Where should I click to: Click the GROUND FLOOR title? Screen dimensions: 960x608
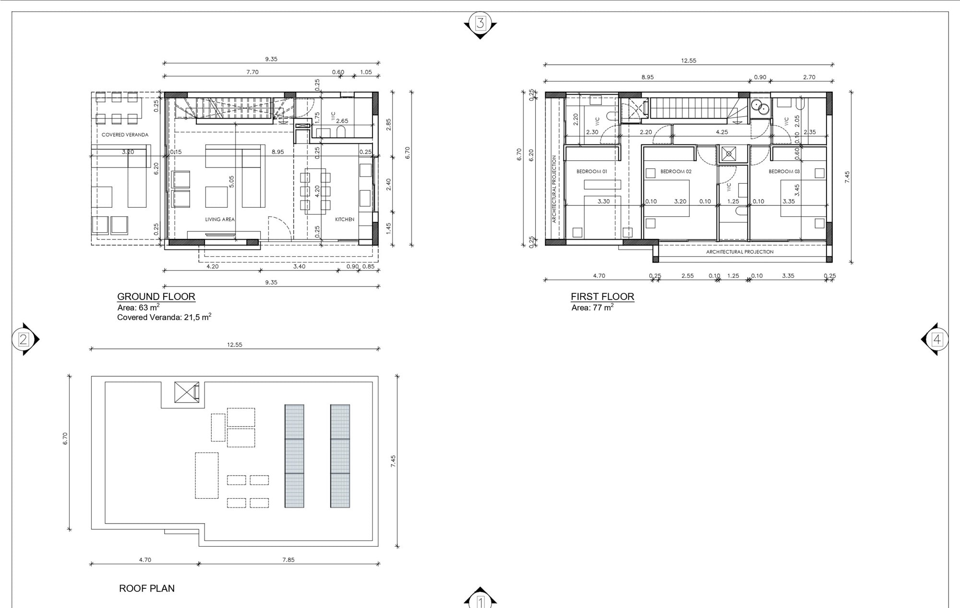pyautogui.click(x=156, y=297)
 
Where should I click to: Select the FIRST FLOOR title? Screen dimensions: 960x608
pyautogui.click(x=602, y=297)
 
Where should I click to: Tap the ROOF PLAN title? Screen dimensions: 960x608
pyautogui.click(x=147, y=588)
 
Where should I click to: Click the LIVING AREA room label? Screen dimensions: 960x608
pyautogui.click(x=220, y=219)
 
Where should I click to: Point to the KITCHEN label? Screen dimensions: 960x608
pyautogui.click(x=345, y=219)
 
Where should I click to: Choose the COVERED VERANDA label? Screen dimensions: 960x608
pyautogui.click(x=125, y=135)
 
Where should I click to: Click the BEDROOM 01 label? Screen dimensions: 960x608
pyautogui.click(x=591, y=171)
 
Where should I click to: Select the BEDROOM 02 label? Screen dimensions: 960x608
pyautogui.click(x=676, y=171)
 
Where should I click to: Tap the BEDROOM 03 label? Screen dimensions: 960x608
pyautogui.click(x=784, y=171)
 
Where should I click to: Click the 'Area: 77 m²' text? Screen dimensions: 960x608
pyautogui.click(x=592, y=308)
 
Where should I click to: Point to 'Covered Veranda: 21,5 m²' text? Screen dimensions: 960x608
pyautogui.click(x=164, y=317)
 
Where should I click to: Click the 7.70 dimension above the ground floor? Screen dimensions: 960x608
pyautogui.click(x=252, y=72)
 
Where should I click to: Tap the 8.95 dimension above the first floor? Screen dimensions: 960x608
pyautogui.click(x=648, y=77)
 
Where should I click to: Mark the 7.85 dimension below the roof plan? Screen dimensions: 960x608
pyautogui.click(x=288, y=560)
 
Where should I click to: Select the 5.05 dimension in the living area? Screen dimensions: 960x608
pyautogui.click(x=231, y=181)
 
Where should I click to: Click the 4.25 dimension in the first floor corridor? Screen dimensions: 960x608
pyautogui.click(x=722, y=132)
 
